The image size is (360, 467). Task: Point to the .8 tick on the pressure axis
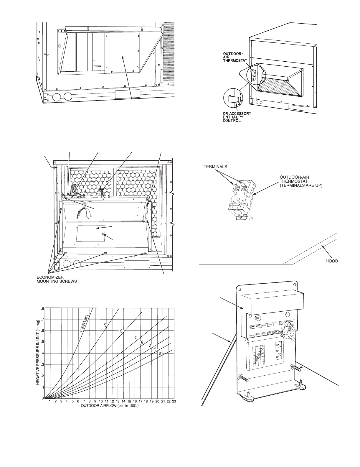coord(43,309)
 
